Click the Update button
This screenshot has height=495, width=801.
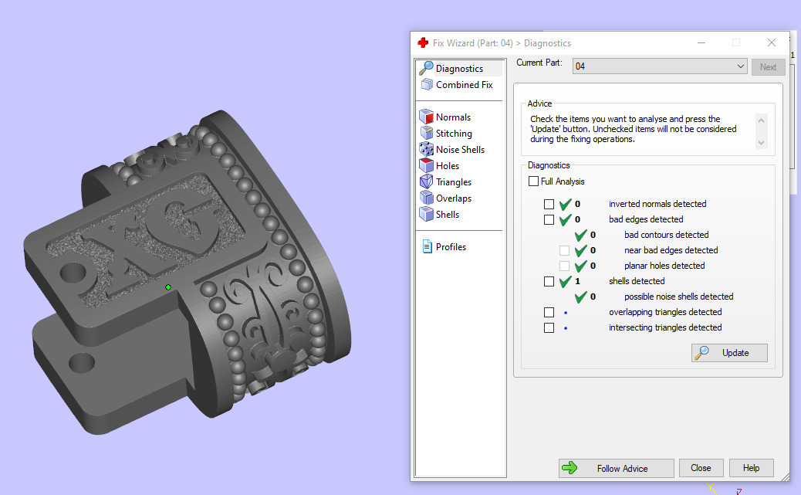click(729, 353)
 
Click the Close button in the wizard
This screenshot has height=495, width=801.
click(701, 468)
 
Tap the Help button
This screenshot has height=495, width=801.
click(751, 468)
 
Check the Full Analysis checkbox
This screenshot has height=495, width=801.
click(533, 181)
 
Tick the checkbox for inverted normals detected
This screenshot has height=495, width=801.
click(549, 204)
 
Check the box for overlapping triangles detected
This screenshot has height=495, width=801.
click(549, 312)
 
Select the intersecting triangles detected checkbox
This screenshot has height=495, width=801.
click(549, 327)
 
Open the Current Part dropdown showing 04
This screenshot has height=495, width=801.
click(660, 66)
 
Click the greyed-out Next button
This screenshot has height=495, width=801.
click(768, 67)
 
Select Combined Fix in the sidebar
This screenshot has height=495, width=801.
click(464, 85)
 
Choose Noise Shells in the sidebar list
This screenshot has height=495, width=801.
click(460, 150)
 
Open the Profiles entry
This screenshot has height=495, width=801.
click(451, 247)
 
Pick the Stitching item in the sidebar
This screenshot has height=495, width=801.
click(454, 134)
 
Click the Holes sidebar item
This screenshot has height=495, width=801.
click(447, 166)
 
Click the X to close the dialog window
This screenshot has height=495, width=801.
click(772, 42)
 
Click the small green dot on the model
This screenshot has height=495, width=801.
click(168, 287)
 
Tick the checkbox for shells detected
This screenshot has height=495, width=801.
click(549, 281)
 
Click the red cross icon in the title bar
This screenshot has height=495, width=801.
click(422, 43)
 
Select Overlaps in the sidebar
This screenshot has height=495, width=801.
click(453, 198)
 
